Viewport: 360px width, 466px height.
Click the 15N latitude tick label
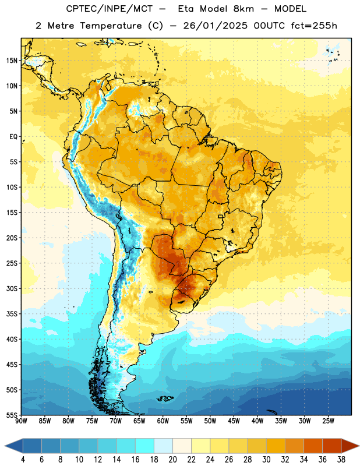12,61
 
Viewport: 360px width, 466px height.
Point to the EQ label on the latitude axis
13,137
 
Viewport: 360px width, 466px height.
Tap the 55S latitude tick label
12,415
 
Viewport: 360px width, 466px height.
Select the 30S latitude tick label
12,288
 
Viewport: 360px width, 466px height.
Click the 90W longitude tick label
22,421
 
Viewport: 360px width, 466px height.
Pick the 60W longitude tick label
163,421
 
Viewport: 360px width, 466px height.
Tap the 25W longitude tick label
328,421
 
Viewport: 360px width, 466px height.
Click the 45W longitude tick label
234,421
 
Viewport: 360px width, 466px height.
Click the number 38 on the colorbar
341,460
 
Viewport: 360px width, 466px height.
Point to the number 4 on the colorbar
23,460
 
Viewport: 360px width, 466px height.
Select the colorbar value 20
172,460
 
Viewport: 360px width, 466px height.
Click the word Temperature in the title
111,26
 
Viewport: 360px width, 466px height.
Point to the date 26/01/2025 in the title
215,26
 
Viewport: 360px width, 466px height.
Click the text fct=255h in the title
314,26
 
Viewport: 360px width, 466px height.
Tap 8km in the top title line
243,9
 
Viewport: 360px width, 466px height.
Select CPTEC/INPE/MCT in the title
110,9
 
